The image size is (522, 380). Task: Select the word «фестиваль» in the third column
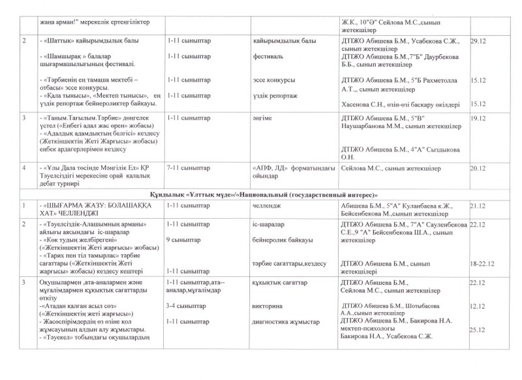click(x=270, y=57)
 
